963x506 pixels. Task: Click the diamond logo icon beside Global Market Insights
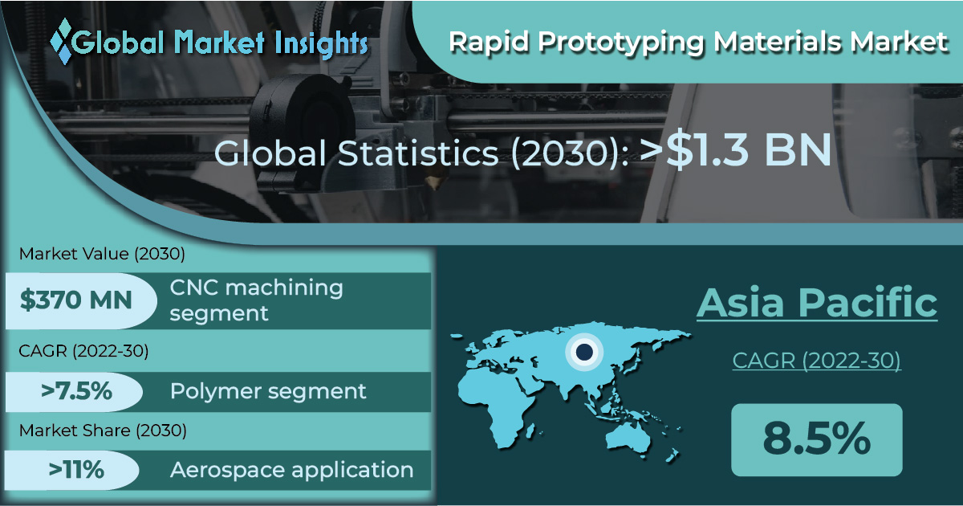click(x=62, y=41)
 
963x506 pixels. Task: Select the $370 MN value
click(x=75, y=300)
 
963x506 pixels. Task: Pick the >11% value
click(x=76, y=469)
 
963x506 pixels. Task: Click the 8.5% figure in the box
click(x=816, y=439)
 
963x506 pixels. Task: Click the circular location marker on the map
click(x=584, y=352)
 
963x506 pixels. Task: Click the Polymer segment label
click(x=268, y=392)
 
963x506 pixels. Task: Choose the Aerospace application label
click(x=291, y=471)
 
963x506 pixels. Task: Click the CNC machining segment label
click(x=256, y=300)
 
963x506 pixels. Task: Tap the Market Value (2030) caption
click(x=102, y=254)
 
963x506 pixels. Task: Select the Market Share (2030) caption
click(x=103, y=431)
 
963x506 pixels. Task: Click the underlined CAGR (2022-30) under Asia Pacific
click(x=816, y=361)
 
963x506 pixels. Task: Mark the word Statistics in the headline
click(x=418, y=153)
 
